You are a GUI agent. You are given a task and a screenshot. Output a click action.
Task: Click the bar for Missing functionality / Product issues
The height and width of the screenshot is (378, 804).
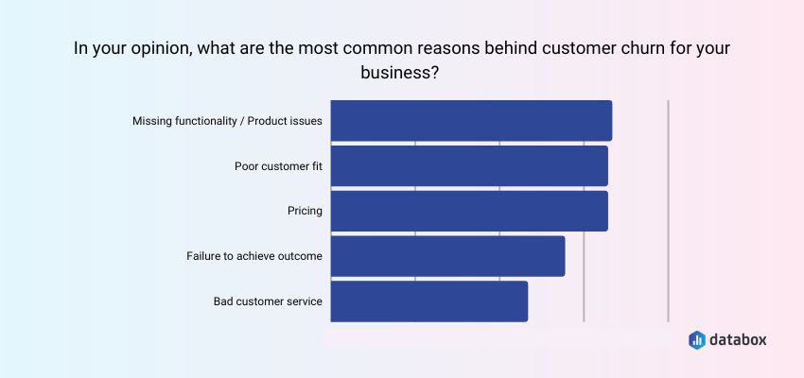(x=471, y=121)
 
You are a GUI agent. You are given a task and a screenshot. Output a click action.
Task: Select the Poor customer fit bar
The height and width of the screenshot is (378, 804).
(x=469, y=166)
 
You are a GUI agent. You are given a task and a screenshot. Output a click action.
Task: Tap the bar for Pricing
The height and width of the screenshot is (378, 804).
(x=469, y=211)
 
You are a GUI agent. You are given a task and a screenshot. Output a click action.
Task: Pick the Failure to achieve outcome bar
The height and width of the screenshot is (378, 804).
(x=447, y=256)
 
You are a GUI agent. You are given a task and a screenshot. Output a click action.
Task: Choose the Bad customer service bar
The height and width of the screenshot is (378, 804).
(x=428, y=301)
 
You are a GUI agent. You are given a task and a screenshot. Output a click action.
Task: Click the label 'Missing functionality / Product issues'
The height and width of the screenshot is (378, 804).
(x=227, y=121)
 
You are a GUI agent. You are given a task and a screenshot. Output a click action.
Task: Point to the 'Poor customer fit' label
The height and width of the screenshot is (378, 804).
(x=278, y=166)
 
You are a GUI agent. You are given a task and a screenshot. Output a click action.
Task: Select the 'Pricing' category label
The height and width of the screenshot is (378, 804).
(x=305, y=211)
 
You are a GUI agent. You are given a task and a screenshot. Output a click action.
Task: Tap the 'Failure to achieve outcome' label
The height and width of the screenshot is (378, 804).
(x=254, y=256)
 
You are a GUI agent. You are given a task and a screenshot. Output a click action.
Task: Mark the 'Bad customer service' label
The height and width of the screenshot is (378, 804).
(x=268, y=301)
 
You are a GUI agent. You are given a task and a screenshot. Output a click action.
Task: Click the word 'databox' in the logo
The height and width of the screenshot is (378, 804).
(x=741, y=338)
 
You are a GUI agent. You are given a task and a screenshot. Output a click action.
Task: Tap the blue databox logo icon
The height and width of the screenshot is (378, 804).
(x=697, y=338)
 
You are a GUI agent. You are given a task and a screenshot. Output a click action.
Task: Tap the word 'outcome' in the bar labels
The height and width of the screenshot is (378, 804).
(x=298, y=256)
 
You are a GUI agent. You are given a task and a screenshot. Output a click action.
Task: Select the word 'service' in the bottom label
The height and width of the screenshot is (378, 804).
(x=303, y=301)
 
